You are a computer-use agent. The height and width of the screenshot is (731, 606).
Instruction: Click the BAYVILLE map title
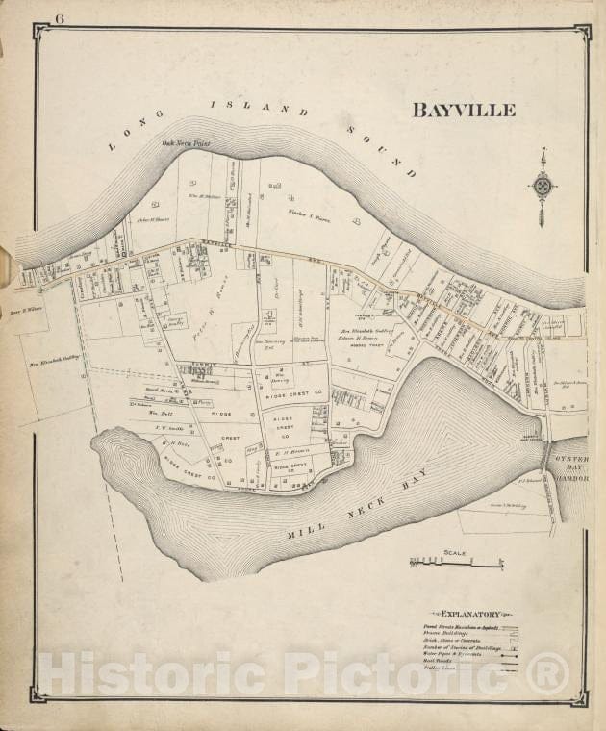coord(464,110)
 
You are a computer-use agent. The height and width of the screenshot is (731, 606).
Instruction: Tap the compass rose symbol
coord(543,186)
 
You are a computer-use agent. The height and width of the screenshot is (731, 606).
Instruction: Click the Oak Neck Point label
coord(186,145)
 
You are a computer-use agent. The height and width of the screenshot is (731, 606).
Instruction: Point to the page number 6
coord(60,18)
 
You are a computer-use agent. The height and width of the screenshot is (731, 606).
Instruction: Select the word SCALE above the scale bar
coord(455,553)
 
